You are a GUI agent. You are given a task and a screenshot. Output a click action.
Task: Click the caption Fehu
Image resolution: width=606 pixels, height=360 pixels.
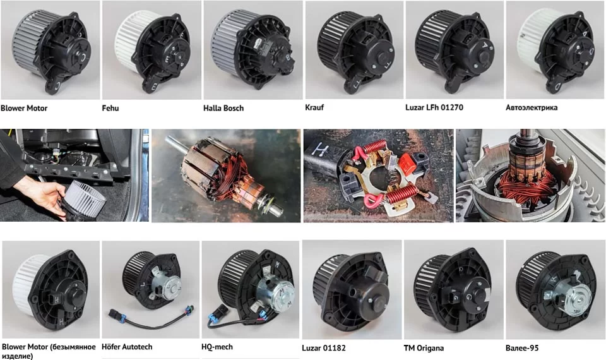[x=110, y=108]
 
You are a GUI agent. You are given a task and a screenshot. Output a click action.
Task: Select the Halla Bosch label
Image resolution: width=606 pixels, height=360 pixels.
[x=223, y=108]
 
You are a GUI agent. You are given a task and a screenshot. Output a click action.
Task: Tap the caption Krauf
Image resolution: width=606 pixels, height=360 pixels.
[x=314, y=107]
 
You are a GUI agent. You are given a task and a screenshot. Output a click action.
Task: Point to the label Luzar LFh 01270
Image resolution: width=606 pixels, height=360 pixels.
[x=434, y=107]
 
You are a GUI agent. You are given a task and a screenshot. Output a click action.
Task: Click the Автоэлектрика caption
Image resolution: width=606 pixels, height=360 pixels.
[x=532, y=107]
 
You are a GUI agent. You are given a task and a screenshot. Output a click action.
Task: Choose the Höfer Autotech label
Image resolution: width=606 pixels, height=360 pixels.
[x=127, y=347]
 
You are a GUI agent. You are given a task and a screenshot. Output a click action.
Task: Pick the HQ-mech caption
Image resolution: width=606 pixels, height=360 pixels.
[x=217, y=347]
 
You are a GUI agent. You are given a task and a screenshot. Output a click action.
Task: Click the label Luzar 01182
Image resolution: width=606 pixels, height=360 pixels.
[x=323, y=347]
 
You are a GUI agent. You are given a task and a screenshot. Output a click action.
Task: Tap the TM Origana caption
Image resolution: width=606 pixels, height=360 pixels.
[x=424, y=347]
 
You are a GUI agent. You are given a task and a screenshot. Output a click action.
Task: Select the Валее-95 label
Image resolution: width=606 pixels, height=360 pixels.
[x=522, y=347]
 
